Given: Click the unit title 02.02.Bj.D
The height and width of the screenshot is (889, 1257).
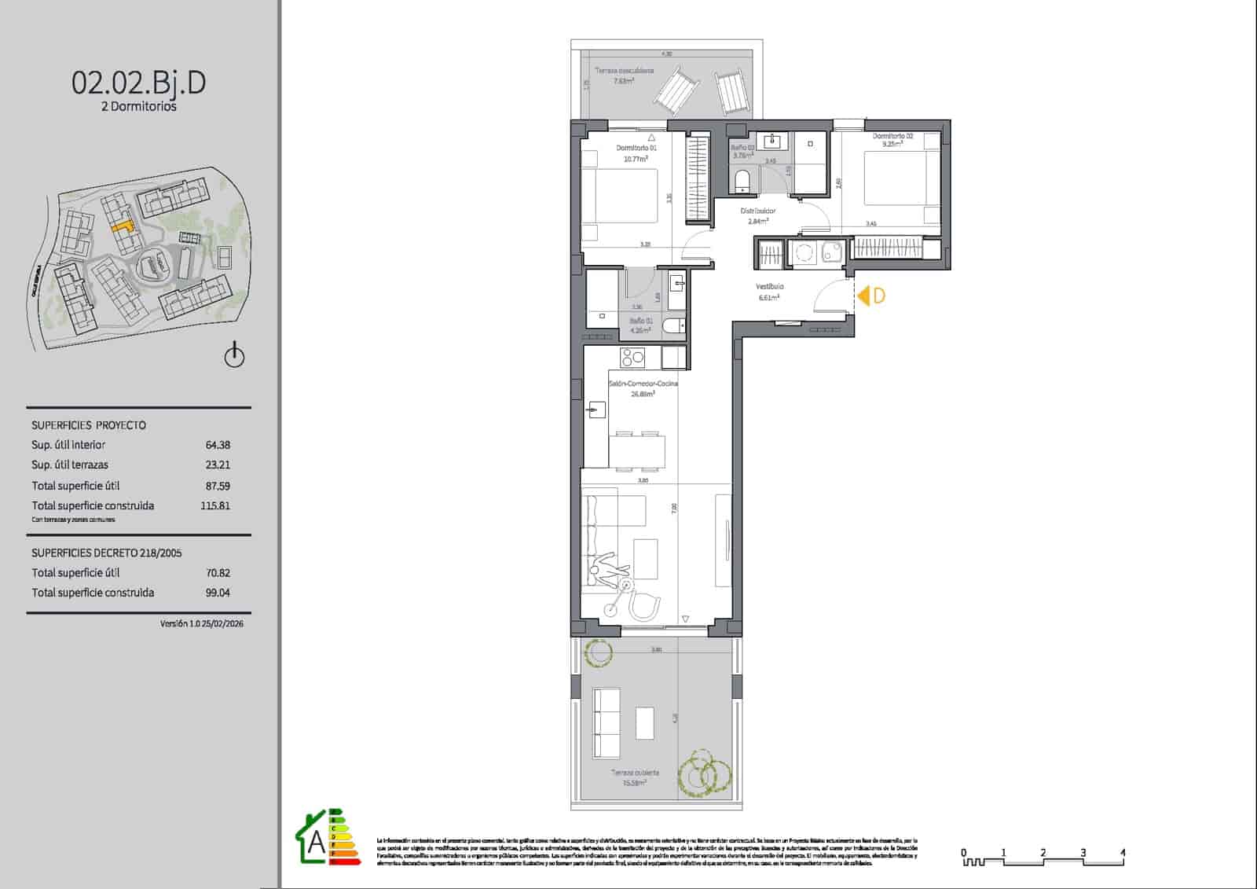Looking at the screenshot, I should (x=139, y=83).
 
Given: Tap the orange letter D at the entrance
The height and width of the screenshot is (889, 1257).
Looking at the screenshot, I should (x=879, y=296).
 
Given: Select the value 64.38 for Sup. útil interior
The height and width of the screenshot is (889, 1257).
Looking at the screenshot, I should (x=218, y=445).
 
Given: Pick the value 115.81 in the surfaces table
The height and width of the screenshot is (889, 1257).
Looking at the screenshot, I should (x=215, y=506).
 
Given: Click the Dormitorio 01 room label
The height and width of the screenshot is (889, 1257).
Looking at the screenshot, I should (x=636, y=148).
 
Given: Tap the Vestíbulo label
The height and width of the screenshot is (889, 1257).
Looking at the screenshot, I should (x=770, y=287).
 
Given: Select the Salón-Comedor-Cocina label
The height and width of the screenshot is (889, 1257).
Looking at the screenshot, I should (x=643, y=384).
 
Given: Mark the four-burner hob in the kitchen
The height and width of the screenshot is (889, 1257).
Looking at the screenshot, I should (x=632, y=358).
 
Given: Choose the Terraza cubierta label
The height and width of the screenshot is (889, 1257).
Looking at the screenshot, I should (x=635, y=773).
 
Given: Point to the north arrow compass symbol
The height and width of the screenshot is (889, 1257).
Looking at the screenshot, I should (x=235, y=355).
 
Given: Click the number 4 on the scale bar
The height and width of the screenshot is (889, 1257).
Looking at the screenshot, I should (x=1123, y=852).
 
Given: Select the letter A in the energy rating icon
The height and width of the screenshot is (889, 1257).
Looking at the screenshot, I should (x=316, y=843).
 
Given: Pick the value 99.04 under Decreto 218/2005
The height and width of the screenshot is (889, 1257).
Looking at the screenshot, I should (x=218, y=593).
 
